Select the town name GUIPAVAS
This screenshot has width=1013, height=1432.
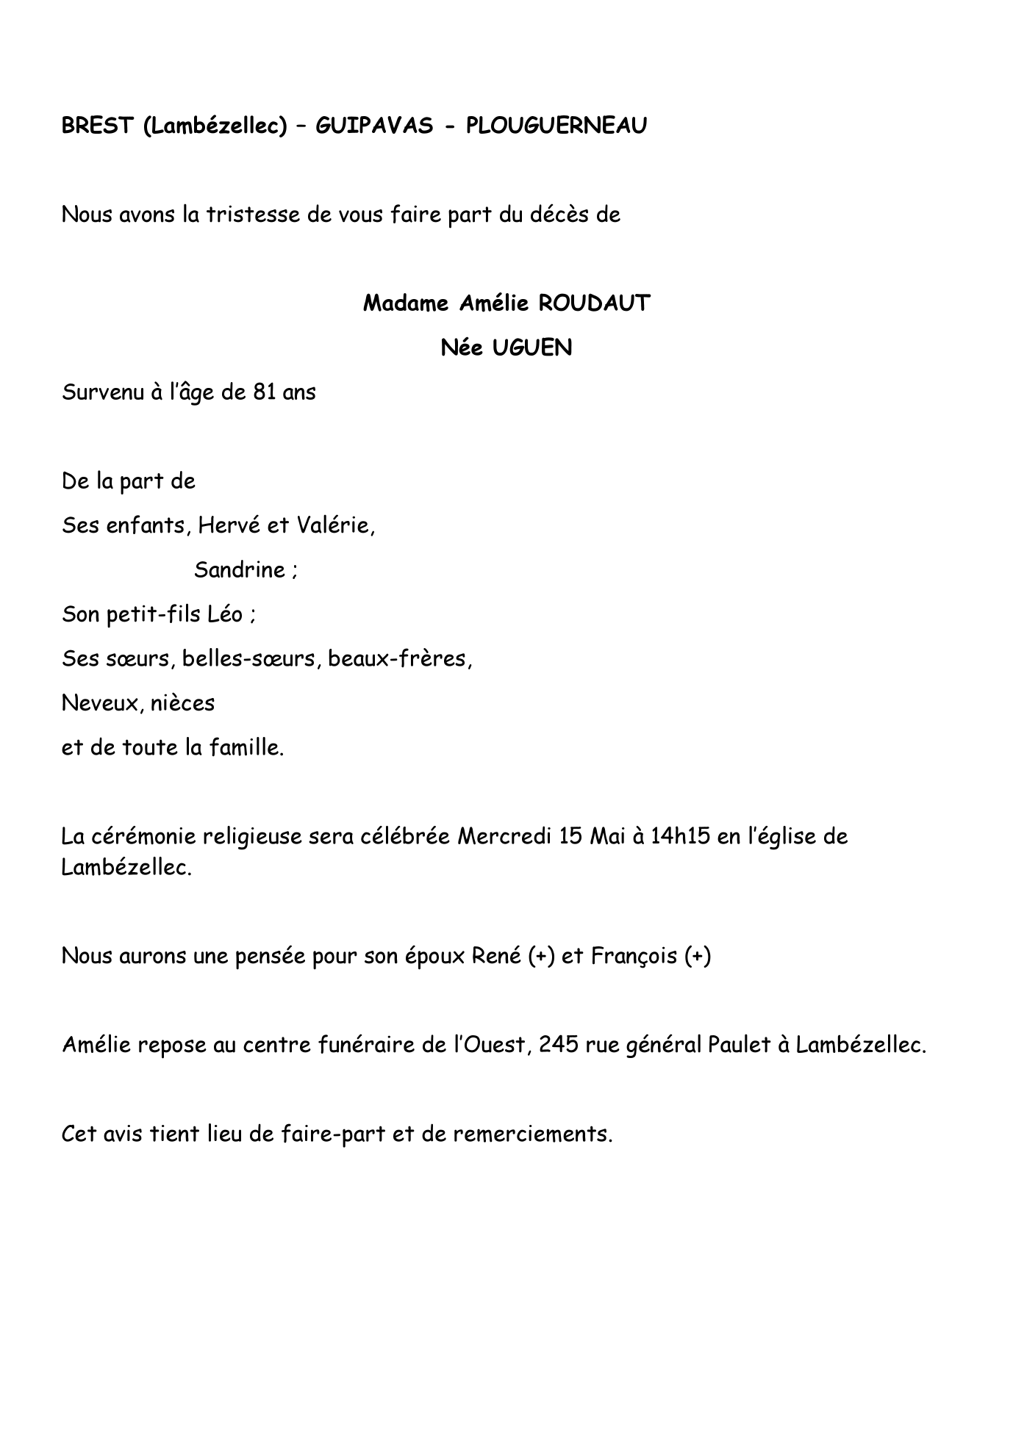(374, 126)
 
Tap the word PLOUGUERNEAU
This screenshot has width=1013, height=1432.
(556, 126)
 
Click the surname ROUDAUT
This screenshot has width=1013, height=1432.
(594, 303)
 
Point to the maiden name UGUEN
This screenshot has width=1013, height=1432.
(531, 348)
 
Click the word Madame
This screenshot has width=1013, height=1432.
(407, 303)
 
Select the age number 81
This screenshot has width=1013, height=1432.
(264, 392)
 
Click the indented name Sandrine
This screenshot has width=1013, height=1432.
(240, 570)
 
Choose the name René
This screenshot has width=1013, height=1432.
(497, 957)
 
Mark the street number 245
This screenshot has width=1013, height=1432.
(559, 1045)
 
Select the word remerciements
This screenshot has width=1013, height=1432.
(532, 1134)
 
